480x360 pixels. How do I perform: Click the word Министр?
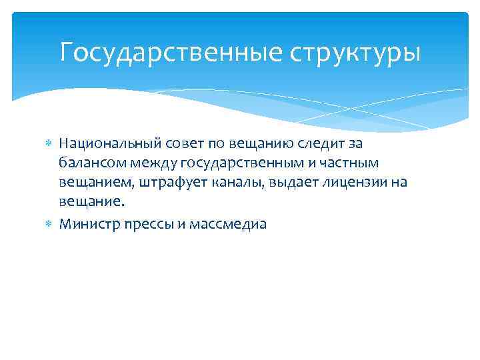[86, 224]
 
